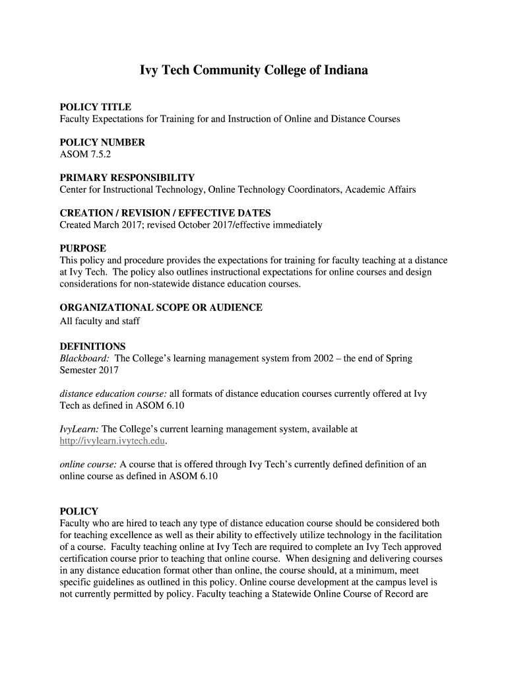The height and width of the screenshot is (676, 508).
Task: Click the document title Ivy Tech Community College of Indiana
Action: (253, 70)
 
